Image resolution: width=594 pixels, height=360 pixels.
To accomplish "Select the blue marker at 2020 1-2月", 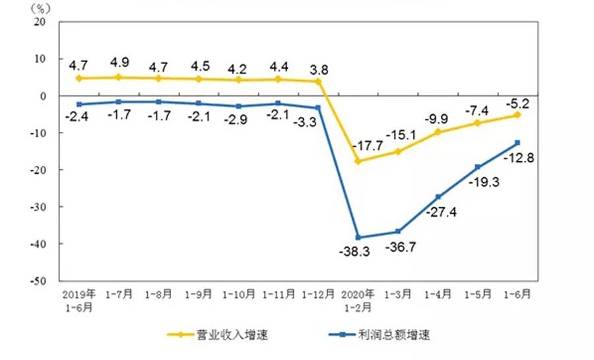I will [358, 237].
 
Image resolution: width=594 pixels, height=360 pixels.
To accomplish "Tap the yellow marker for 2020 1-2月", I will [358, 161].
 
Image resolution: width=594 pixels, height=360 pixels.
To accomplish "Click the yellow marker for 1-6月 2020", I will [517, 114].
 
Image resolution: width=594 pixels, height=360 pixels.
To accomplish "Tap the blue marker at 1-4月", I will [438, 197].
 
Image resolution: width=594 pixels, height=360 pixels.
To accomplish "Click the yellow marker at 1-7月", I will [119, 77].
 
